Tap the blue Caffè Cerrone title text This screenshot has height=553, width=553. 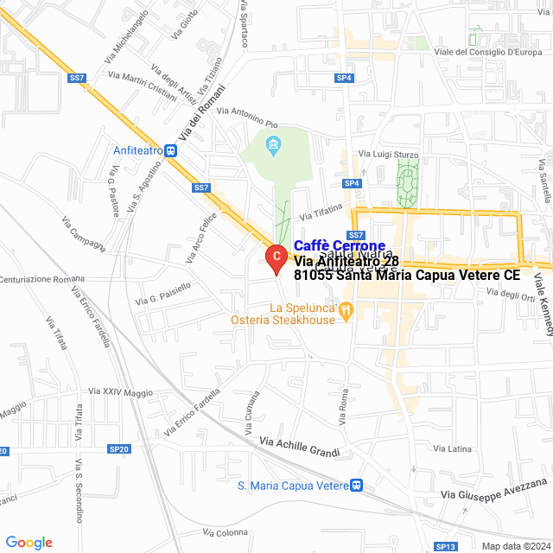[340, 245]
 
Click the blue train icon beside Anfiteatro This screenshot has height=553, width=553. [173, 149]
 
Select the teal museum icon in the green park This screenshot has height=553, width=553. [275, 143]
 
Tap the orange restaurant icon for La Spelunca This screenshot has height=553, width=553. [346, 308]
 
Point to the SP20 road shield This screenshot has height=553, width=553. [119, 448]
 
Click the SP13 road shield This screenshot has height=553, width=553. [446, 546]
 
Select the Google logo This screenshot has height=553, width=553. [29, 543]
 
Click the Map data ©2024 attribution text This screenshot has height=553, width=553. [515, 545]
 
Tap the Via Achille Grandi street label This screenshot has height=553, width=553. [300, 447]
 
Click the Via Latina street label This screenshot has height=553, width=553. [453, 448]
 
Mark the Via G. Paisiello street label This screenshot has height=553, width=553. [163, 294]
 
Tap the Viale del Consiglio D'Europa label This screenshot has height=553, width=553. [488, 52]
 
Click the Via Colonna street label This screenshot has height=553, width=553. [226, 532]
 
